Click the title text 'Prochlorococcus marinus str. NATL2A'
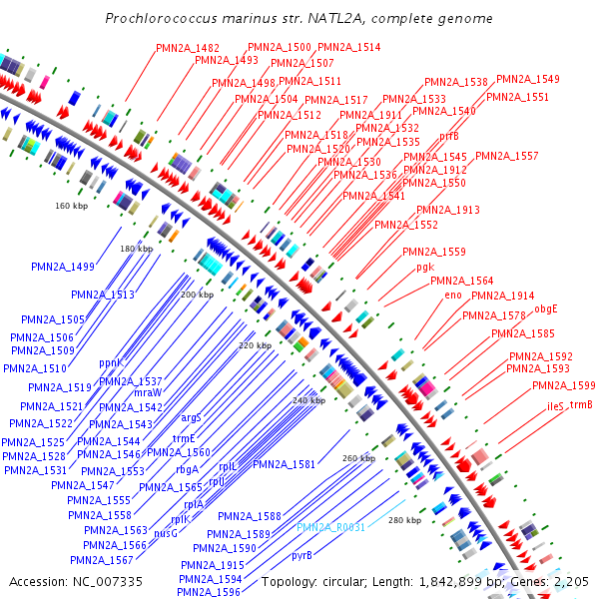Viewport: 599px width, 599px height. tap(299, 20)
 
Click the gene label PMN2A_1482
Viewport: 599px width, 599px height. tap(188, 48)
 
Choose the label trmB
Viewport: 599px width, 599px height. tap(581, 404)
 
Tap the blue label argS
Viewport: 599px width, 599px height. tap(191, 418)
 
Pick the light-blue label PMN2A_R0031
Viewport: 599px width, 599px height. tap(330, 527)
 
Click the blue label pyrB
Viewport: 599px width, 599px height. tap(301, 554)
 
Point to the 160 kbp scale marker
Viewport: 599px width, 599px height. tap(71, 206)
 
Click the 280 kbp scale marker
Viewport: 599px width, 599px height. tap(403, 520)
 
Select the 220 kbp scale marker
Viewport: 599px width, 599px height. tap(256, 345)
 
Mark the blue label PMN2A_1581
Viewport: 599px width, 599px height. tap(284, 464)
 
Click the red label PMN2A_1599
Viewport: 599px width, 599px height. tap(563, 385)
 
